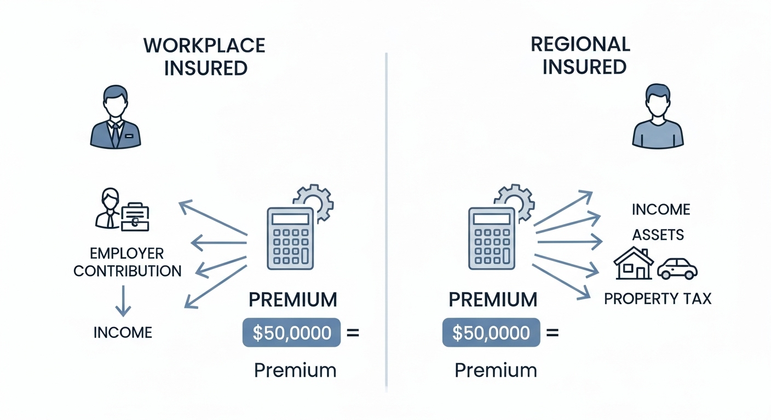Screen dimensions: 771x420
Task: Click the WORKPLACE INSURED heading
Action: [205, 56]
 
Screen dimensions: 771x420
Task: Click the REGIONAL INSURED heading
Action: [581, 55]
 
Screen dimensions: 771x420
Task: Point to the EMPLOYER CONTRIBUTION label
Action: [127, 262]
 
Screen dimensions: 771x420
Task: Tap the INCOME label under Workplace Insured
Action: [123, 332]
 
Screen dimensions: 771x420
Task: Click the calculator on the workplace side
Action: [291, 238]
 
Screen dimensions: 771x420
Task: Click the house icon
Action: [634, 264]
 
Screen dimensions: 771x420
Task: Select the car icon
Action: [677, 268]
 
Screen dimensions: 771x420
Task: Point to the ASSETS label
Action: [658, 235]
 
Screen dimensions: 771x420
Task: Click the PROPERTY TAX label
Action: [658, 299]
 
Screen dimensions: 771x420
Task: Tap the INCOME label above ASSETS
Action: [661, 209]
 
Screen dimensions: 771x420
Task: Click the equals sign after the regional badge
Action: [553, 332]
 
